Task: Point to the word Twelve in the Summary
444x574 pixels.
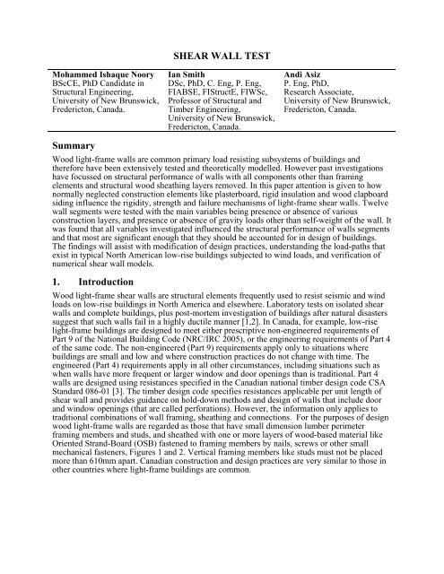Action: coord(414,207)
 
